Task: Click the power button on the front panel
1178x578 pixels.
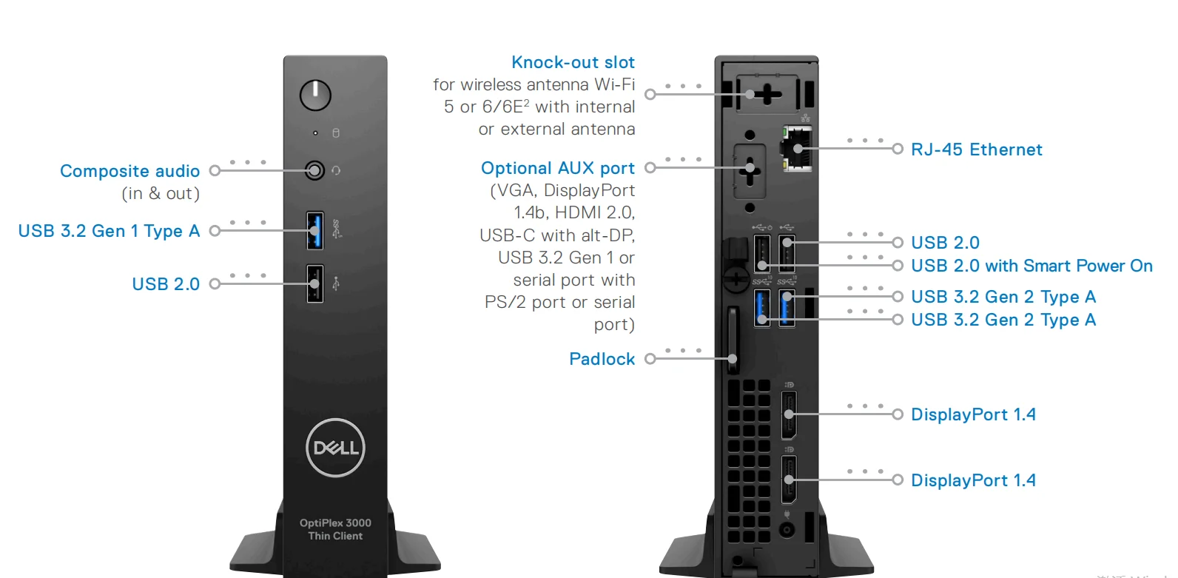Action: (x=315, y=95)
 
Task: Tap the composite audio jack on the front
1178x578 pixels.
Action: (x=315, y=171)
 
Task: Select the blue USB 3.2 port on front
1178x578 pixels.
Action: (x=315, y=230)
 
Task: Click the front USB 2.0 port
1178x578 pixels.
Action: (x=315, y=283)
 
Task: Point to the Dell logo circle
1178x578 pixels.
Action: (x=335, y=448)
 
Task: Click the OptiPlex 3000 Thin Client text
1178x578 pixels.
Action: (x=335, y=529)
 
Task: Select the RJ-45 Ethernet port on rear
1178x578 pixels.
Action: (x=798, y=149)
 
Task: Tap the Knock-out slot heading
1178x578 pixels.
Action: (x=573, y=62)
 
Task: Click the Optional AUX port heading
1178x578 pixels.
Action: (x=557, y=168)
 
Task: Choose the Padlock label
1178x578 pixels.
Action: (x=602, y=359)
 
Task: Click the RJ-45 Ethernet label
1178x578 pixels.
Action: (x=976, y=149)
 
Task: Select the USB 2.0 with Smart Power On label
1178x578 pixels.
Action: (x=1031, y=266)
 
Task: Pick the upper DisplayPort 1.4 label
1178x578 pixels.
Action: (x=973, y=414)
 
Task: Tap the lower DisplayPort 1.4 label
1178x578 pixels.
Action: (x=973, y=480)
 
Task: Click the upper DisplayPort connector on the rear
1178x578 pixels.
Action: (x=790, y=414)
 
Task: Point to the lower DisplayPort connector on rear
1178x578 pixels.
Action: (x=790, y=480)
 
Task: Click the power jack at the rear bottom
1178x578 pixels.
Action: (x=787, y=530)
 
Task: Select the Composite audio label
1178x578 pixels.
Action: (x=129, y=171)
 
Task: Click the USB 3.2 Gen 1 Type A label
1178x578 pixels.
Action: (x=109, y=231)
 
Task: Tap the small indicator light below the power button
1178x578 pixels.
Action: (x=315, y=133)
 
